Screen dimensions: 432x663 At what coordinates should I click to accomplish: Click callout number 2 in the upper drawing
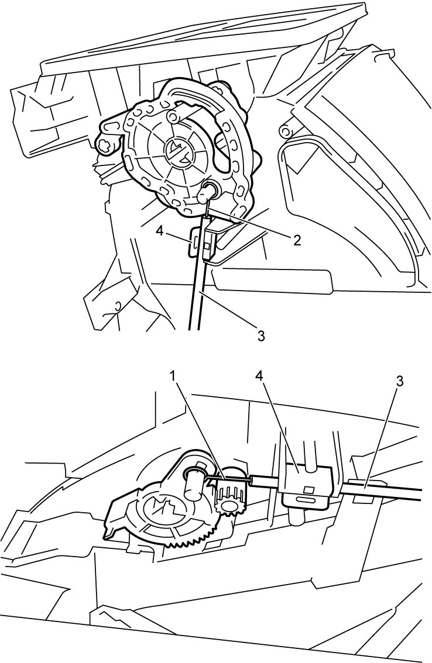tap(296, 240)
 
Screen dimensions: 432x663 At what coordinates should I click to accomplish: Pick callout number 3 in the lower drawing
tap(399, 381)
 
